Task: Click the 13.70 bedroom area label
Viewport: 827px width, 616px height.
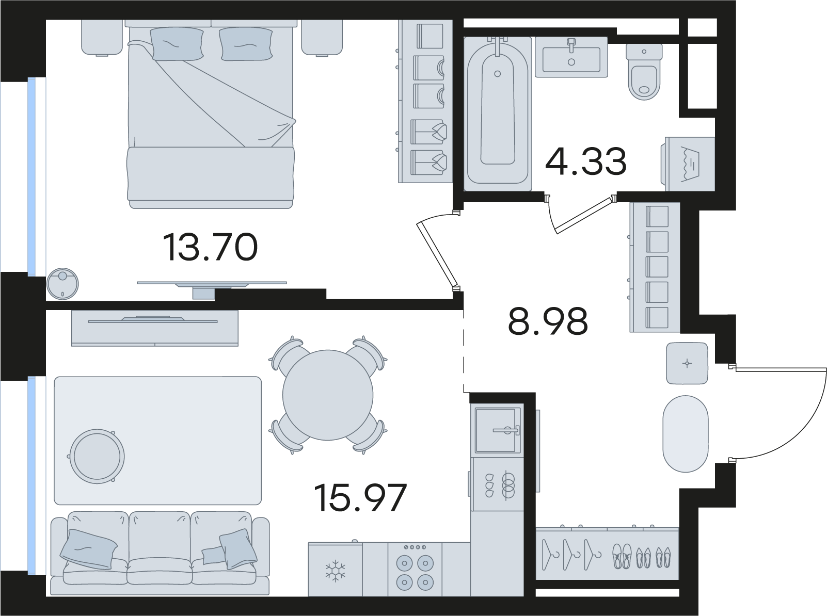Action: pyautogui.click(x=210, y=247)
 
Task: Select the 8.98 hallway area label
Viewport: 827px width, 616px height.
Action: pyautogui.click(x=548, y=321)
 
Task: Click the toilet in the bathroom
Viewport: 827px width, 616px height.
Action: pyautogui.click(x=644, y=72)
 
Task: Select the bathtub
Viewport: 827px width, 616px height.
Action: pyautogui.click(x=498, y=112)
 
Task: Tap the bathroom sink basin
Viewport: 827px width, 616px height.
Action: pyautogui.click(x=571, y=59)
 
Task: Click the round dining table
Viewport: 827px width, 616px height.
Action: pyautogui.click(x=328, y=395)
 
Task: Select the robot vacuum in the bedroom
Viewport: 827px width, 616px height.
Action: pyautogui.click(x=62, y=284)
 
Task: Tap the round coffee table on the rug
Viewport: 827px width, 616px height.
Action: pyautogui.click(x=97, y=456)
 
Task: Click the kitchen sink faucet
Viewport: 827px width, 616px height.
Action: pyautogui.click(x=507, y=429)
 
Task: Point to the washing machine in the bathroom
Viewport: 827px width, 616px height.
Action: pyautogui.click(x=689, y=164)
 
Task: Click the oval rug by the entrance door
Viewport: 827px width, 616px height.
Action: pyautogui.click(x=686, y=434)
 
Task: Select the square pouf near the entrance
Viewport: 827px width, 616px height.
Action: pyautogui.click(x=687, y=363)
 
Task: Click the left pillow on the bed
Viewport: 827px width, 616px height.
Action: pyautogui.click(x=177, y=44)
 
